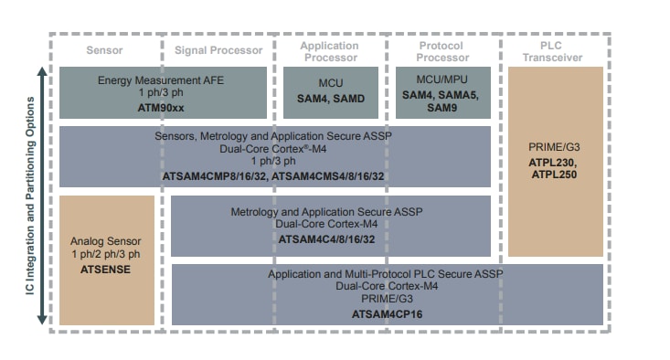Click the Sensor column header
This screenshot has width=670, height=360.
[x=104, y=50]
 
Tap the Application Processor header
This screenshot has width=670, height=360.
[x=329, y=51]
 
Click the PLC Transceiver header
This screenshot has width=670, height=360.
[x=552, y=51]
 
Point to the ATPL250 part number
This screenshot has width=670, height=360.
[x=553, y=174]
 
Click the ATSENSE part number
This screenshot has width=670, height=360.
[x=106, y=270]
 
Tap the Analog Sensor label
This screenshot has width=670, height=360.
[x=106, y=241]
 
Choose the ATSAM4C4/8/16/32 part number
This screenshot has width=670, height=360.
[x=330, y=239]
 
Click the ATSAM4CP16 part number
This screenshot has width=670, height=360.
[x=387, y=313]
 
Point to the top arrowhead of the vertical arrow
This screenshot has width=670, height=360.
[x=41, y=71]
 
